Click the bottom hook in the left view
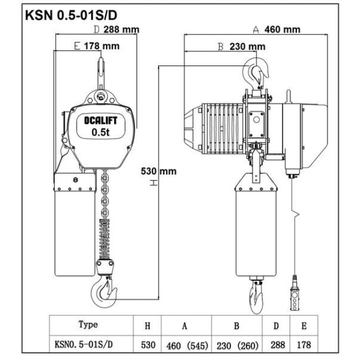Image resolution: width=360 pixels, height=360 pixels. (x=105, y=293)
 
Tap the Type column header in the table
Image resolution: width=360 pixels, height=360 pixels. (x=88, y=325)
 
